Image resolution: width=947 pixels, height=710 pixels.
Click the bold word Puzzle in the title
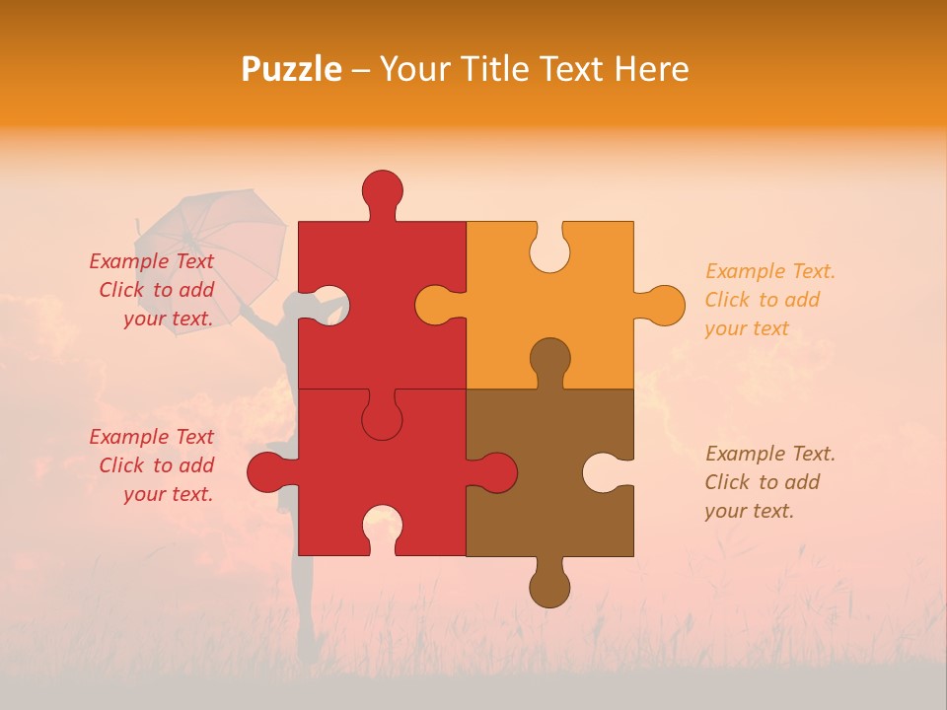[292, 69]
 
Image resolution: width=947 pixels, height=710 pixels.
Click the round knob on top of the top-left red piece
[382, 190]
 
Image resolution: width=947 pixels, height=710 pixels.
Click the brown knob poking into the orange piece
[549, 359]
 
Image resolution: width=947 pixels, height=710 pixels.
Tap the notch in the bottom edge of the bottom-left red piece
[382, 528]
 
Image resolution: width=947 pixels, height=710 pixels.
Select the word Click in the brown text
[727, 482]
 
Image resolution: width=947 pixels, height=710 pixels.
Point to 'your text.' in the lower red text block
[168, 494]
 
